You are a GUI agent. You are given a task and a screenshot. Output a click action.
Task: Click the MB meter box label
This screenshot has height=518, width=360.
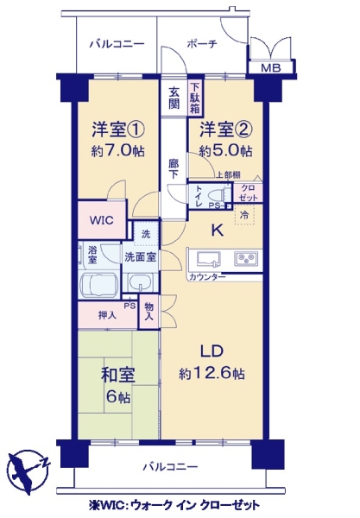271,68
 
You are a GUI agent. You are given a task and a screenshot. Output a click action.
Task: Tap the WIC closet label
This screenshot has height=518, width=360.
101,220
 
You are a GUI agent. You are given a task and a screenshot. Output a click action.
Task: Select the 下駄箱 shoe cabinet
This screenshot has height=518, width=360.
195,98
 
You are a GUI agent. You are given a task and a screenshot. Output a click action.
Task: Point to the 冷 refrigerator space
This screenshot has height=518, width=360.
244,215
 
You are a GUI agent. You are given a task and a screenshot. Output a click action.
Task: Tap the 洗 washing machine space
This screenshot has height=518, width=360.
146,234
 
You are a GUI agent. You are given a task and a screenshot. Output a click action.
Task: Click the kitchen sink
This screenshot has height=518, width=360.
209,259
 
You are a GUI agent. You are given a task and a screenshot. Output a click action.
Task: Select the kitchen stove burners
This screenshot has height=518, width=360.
246,259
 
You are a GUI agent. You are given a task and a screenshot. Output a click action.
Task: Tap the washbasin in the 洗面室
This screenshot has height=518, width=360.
141,282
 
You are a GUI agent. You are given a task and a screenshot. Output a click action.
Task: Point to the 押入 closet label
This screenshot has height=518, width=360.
107,315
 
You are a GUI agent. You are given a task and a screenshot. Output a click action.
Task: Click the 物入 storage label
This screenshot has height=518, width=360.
149,312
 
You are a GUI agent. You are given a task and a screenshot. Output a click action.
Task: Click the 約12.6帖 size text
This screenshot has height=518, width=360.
212,374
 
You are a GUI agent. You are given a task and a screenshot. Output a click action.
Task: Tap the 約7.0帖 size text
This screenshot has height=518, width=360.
117,151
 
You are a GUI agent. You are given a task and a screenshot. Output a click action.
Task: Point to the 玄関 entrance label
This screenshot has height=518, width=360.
174,98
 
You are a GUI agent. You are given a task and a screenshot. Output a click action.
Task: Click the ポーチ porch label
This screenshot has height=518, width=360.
202,44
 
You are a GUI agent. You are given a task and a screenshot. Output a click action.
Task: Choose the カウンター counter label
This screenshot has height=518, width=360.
207,277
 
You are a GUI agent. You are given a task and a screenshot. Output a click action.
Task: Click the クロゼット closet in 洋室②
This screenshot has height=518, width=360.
248,193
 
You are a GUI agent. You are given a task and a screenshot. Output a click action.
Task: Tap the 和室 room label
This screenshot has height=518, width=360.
118,376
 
